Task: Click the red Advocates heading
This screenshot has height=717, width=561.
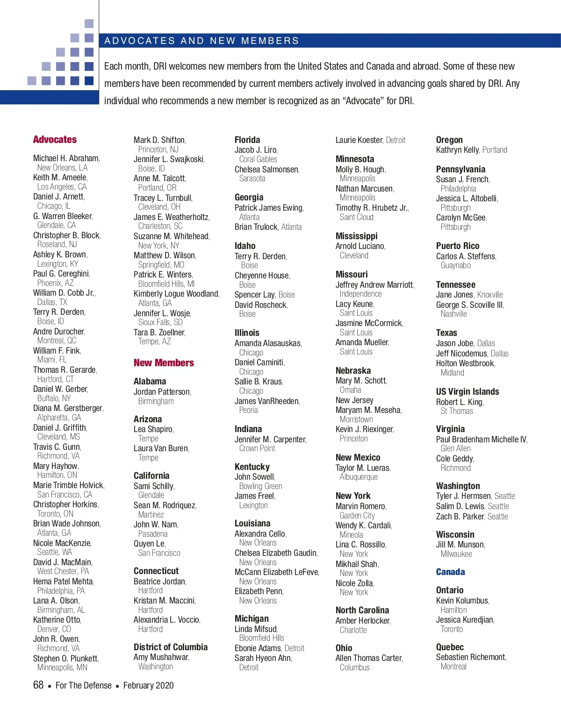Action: [55, 140]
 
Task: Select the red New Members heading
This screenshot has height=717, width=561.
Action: [164, 363]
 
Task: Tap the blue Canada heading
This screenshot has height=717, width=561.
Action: [450, 572]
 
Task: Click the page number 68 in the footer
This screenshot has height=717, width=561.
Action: [38, 685]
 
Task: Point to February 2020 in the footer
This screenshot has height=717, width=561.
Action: [148, 686]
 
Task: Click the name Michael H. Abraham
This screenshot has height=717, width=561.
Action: [66, 158]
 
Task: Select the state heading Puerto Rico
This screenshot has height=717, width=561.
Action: [457, 246]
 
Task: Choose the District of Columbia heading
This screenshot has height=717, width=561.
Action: [171, 647]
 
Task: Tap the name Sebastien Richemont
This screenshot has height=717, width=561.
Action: [471, 657]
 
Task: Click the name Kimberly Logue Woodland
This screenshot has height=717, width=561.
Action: [176, 294]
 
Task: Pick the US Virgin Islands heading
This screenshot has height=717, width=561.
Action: [467, 392]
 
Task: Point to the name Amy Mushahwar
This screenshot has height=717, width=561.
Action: [161, 657]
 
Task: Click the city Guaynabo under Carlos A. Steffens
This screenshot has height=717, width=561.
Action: [455, 265]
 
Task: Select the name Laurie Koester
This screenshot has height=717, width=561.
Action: [359, 140]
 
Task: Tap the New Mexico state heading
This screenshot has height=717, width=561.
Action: [358, 458]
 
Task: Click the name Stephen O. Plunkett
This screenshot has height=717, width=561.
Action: [65, 658]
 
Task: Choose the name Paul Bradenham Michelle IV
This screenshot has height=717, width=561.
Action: [481, 440]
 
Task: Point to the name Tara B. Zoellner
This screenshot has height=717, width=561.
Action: [159, 333]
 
